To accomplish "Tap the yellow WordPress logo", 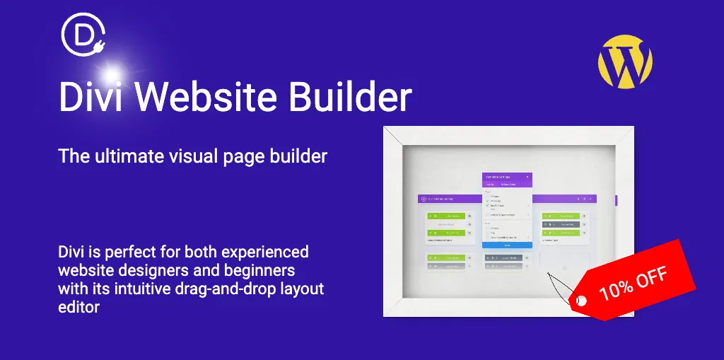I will pos(625,62).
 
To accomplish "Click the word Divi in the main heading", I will pos(88,97).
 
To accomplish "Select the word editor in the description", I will pos(79,308).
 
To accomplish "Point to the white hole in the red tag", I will pos(582,301).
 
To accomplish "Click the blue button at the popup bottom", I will pos(507,245).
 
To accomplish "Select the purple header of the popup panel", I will pos(507,177).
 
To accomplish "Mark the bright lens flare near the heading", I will pos(111,73).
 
